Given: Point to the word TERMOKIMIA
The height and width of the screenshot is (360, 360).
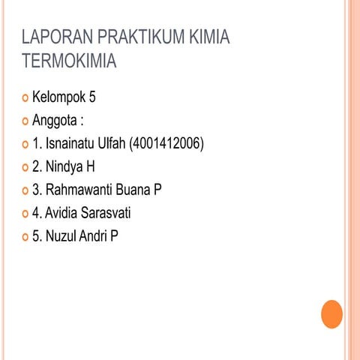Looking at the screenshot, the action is point(69,60).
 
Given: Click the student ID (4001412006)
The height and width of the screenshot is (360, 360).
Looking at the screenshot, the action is point(166,143).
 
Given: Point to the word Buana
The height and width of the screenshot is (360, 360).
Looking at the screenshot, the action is point(133,190).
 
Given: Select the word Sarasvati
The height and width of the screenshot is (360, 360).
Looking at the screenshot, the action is point(106,214).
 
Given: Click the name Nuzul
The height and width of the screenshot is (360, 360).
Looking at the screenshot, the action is point(62,237).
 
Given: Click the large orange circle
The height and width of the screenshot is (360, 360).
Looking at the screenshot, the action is point(331,313).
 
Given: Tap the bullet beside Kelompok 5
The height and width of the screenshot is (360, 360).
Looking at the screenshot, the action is point(26,98).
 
